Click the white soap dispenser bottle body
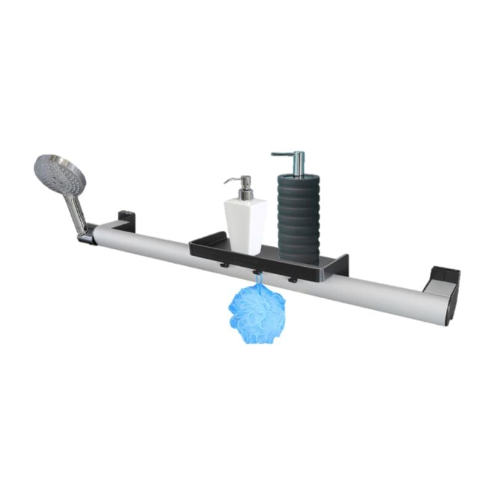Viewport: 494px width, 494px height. click(x=245, y=225)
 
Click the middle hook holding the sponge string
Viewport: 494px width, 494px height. click(x=255, y=272)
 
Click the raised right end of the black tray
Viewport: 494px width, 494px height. click(x=341, y=264)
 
